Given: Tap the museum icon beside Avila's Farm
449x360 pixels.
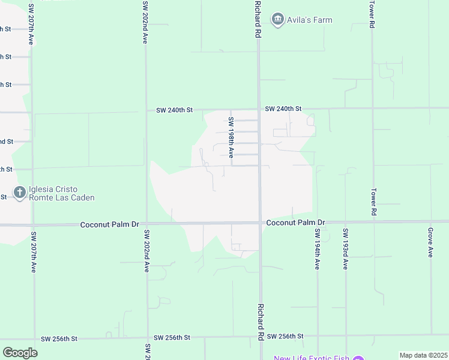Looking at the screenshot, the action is (277, 20).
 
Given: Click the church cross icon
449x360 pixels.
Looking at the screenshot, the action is (19, 193).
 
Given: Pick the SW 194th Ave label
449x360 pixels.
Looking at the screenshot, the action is (317, 249).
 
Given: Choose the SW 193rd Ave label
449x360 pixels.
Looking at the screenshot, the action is (345, 249).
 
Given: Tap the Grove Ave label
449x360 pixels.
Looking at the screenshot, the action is (430, 242).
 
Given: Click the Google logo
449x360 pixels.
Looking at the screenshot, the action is (20, 352).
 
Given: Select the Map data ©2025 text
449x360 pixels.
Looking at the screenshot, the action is (423, 355).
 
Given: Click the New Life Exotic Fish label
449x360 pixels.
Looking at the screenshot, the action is (311, 359).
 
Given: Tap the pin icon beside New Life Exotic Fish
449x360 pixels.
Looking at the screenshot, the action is (358, 359).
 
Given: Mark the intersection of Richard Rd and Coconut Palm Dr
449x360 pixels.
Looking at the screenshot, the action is (260, 223).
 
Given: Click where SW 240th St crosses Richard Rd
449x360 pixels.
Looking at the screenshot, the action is (259, 109).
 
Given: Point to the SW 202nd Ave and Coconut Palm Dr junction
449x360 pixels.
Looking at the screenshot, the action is (146, 224).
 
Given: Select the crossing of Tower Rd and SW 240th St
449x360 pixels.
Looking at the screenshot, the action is (372, 109).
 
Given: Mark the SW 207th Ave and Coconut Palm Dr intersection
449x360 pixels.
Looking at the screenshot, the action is (33, 225).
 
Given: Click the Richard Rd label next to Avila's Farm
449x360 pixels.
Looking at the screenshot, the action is (258, 20).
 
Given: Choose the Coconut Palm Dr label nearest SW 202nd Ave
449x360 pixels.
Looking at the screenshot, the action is (110, 224).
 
